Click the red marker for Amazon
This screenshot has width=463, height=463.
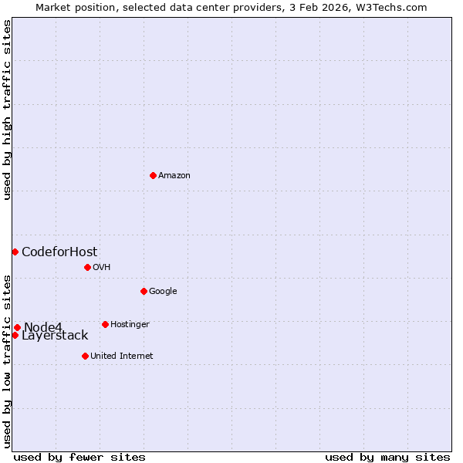point(153,175)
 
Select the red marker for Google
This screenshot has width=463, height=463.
point(144,291)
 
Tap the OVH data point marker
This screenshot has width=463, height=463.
point(87,267)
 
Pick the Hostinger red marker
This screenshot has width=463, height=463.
point(105,324)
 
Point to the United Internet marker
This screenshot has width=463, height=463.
point(85,356)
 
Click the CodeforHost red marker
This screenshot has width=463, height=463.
point(15,252)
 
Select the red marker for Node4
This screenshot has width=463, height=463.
point(17,327)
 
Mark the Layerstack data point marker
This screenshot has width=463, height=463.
point(15,335)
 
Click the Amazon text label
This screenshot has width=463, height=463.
point(174,176)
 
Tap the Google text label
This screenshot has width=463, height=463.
point(163,292)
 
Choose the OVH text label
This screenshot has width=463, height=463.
point(102,268)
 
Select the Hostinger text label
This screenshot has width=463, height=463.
point(130,325)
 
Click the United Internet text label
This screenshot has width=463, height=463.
point(121,357)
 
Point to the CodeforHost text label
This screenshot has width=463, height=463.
point(59,252)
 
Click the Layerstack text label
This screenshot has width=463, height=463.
point(55,336)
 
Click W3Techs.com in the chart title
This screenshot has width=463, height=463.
point(394,7)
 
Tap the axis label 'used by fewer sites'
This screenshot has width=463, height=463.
point(79,457)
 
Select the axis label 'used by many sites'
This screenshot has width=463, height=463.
point(387,457)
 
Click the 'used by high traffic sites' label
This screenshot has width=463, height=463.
point(7,110)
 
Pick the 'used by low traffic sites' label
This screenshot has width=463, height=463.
point(7,361)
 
